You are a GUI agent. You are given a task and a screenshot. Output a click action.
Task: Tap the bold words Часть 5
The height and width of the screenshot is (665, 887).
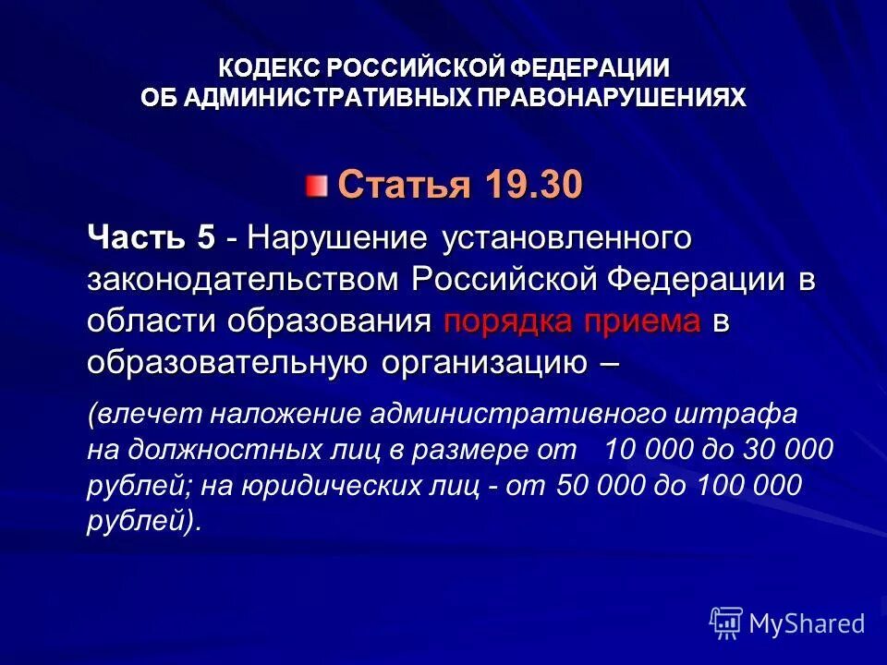coord(152,237)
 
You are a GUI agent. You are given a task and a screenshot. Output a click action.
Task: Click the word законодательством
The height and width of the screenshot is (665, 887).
coord(244,279)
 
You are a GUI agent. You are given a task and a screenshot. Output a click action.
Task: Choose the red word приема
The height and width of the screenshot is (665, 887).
coord(651,320)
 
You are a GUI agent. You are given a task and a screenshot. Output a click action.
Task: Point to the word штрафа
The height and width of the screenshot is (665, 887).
coord(749,413)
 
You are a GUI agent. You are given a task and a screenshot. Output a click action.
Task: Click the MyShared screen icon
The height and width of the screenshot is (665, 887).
coord(726,623)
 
